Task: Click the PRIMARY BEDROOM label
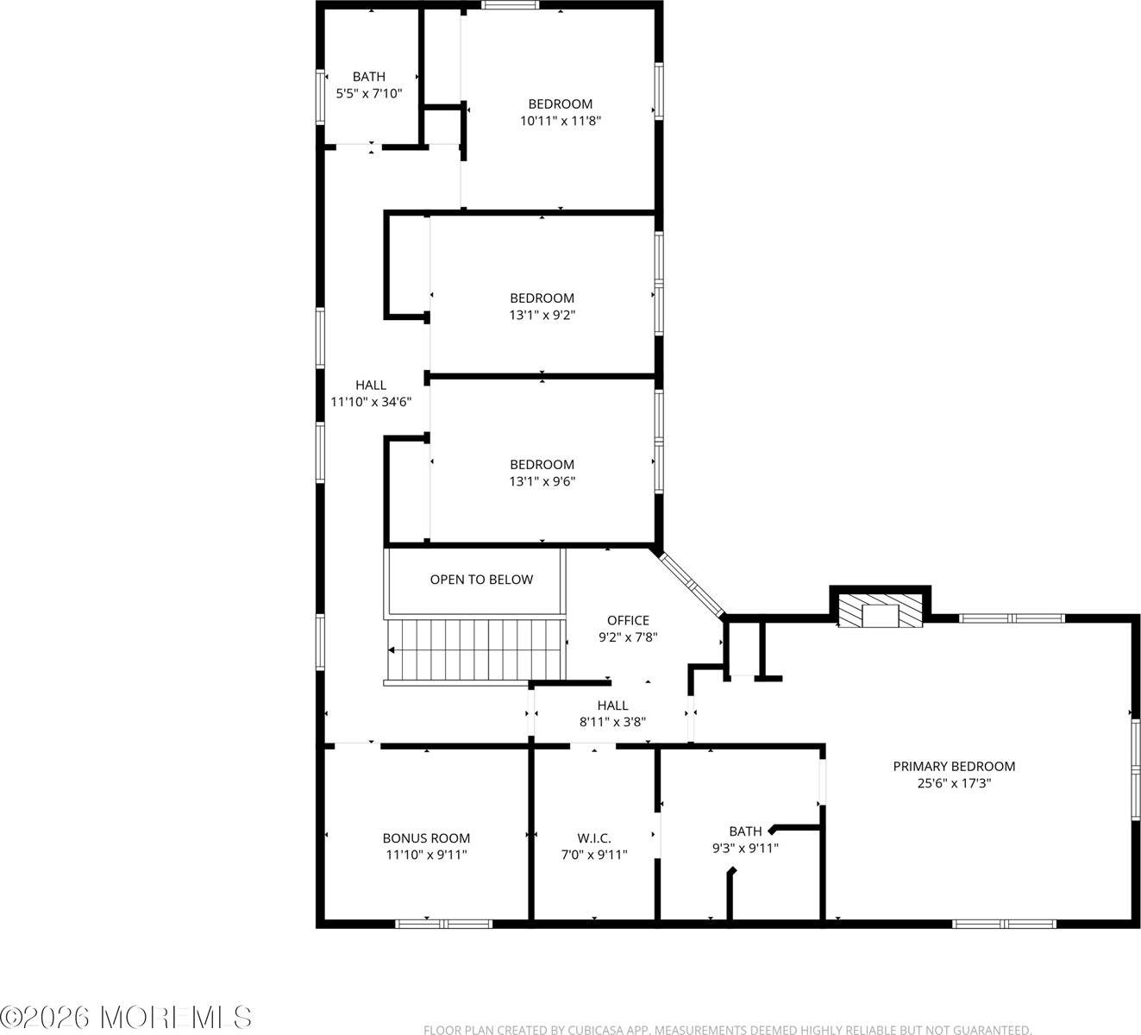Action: (x=954, y=767)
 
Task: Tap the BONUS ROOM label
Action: (x=426, y=838)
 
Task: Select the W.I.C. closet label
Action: (x=594, y=838)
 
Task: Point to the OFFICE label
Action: (x=628, y=620)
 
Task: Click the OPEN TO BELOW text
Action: (x=481, y=580)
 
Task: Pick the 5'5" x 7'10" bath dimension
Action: (x=369, y=93)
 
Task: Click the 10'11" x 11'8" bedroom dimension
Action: (x=561, y=121)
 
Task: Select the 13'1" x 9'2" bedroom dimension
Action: (x=542, y=315)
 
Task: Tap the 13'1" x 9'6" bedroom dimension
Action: (x=542, y=481)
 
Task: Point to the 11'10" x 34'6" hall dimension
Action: (x=371, y=402)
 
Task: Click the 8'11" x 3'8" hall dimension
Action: (x=612, y=722)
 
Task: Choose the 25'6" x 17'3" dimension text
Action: (x=954, y=783)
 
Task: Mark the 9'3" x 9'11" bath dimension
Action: (x=745, y=848)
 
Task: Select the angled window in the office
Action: (x=693, y=584)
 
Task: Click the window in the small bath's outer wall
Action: (x=320, y=97)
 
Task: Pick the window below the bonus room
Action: (x=443, y=924)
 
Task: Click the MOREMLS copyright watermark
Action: (x=126, y=1017)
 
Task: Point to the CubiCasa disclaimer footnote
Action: (x=728, y=1029)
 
